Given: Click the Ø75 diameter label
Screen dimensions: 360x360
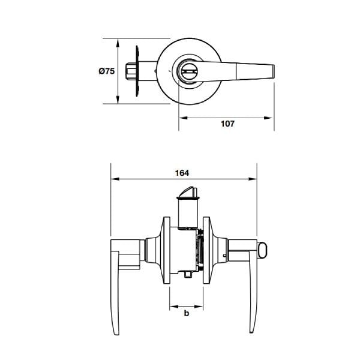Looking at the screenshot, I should tap(106, 71).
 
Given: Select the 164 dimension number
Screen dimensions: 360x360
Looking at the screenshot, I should tap(182, 172).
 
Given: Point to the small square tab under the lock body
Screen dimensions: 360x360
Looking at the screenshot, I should tap(188, 275).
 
